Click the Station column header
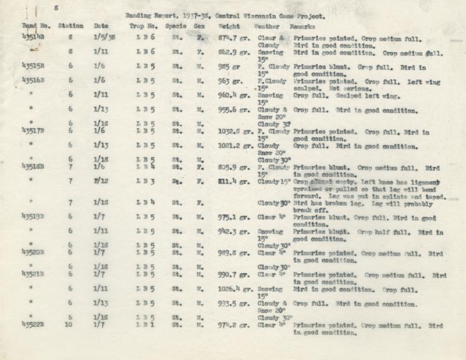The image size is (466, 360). [x=71, y=26]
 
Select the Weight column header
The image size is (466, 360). [x=229, y=27]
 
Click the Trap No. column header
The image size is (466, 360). [x=144, y=26]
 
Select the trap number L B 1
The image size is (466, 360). [x=145, y=325]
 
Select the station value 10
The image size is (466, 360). [x=70, y=325]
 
